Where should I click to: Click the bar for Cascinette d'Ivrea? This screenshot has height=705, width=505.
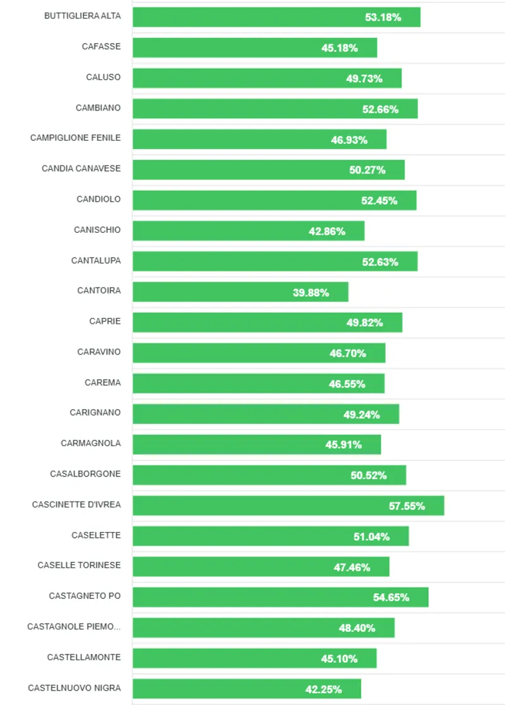(288, 506)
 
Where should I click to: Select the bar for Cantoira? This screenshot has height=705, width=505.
(240, 292)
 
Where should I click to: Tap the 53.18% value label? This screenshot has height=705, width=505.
(383, 17)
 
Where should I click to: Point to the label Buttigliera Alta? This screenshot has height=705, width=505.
(82, 16)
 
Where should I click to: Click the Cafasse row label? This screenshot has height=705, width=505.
(101, 47)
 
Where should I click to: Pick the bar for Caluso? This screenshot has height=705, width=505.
(267, 78)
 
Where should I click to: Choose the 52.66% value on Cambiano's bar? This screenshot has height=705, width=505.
(380, 109)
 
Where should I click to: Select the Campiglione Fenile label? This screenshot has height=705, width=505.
(75, 138)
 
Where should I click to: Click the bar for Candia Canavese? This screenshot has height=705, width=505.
(268, 170)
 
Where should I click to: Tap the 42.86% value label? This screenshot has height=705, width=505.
(327, 231)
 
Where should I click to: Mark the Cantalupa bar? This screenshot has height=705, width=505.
(275, 261)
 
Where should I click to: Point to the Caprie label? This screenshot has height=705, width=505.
(105, 321)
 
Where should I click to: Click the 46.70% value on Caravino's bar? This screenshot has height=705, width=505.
(348, 353)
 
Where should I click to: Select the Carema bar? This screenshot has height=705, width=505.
(258, 384)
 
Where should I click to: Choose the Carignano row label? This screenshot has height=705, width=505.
(95, 413)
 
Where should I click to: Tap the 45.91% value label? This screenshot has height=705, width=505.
(343, 444)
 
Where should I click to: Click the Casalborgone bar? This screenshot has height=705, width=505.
(269, 475)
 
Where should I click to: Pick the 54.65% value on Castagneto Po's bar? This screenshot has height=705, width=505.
(391, 597)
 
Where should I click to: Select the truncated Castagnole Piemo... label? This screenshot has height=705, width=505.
(74, 627)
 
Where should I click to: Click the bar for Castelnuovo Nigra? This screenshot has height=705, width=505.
(246, 689)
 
